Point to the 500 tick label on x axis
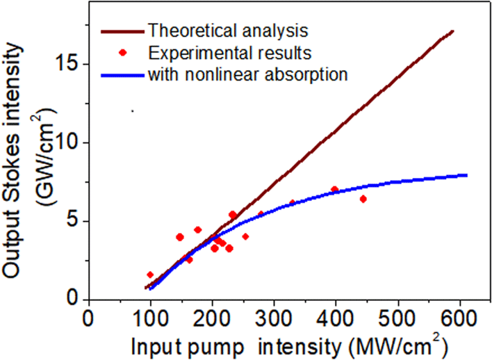click(399, 319)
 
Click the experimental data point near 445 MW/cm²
click(363, 199)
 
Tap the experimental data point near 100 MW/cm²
click(150, 275)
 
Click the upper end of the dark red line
click(452, 31)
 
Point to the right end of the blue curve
click(466, 175)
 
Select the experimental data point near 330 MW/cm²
click(292, 203)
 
